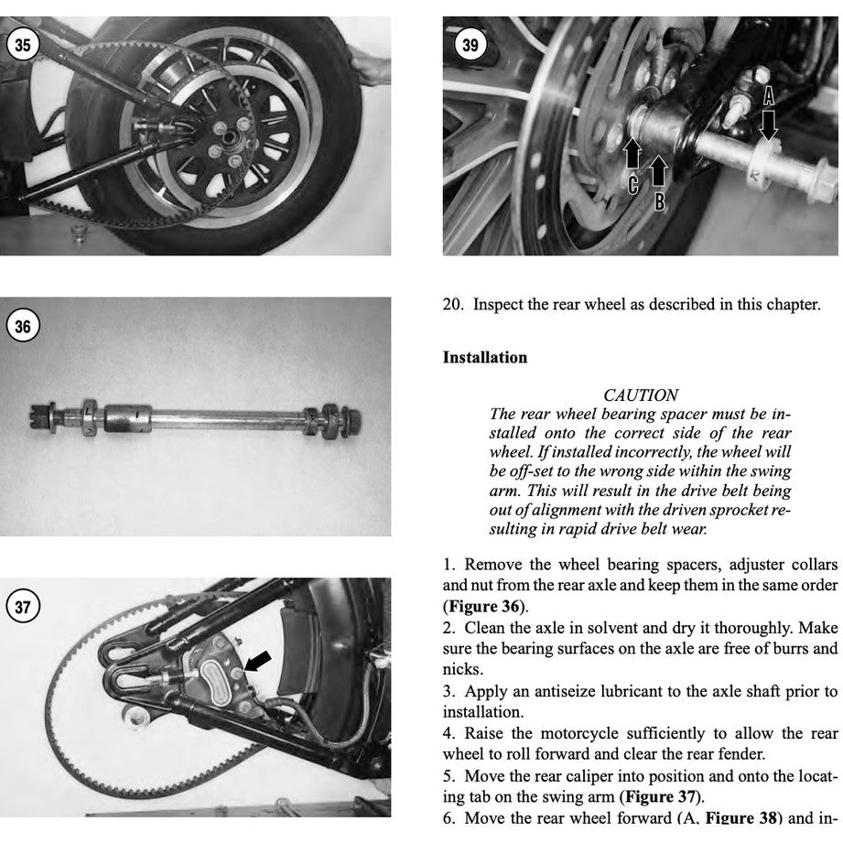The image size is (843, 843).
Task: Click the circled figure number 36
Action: click(23, 326)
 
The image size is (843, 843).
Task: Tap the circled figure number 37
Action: click(23, 606)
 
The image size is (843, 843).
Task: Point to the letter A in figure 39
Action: click(768, 94)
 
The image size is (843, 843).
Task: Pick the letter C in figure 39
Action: click(633, 186)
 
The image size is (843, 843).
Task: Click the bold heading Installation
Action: click(484, 357)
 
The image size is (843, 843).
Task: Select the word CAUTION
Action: click(641, 395)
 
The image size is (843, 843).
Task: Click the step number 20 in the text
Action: click(451, 305)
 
